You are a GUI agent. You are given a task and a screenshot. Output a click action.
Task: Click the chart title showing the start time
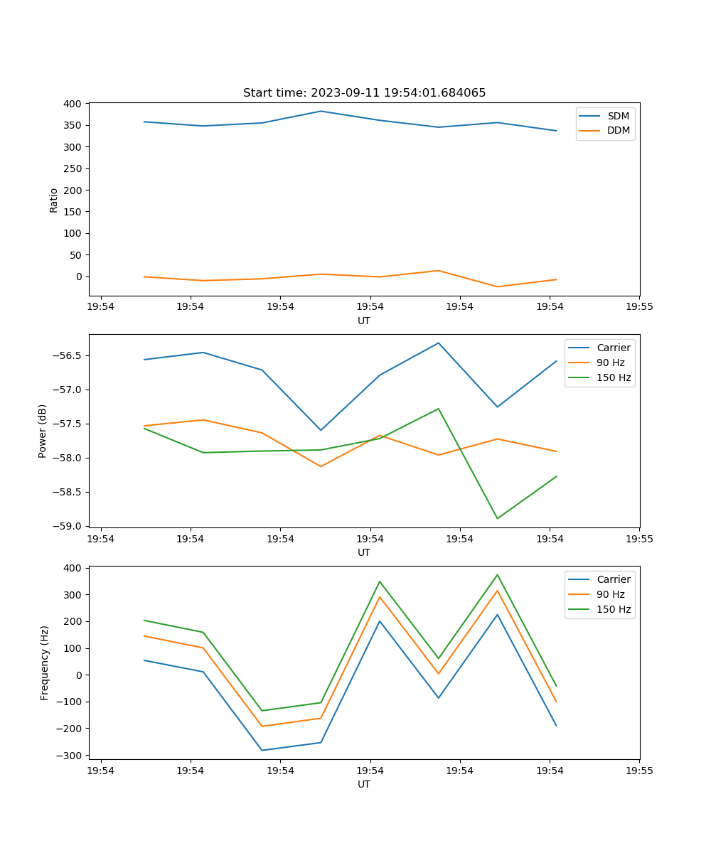(x=364, y=93)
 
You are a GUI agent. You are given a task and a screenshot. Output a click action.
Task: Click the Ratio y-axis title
(x=54, y=200)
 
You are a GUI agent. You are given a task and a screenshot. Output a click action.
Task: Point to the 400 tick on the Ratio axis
(x=73, y=104)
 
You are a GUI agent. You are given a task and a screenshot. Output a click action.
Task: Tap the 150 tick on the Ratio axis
(x=73, y=212)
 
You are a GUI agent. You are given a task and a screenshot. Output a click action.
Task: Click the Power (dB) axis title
(x=43, y=431)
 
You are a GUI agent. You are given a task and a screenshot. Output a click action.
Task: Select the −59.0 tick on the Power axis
(x=70, y=526)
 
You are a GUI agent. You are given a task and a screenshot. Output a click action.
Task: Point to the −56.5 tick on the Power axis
(x=70, y=355)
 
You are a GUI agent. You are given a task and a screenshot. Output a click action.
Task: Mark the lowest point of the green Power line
(x=497, y=518)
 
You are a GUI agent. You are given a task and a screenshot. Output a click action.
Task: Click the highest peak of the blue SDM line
(x=321, y=111)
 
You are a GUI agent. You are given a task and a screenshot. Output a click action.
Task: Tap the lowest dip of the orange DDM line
(x=497, y=286)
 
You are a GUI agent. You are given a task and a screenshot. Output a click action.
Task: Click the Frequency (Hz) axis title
(x=45, y=662)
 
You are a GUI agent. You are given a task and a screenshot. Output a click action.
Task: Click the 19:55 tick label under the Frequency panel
(x=639, y=771)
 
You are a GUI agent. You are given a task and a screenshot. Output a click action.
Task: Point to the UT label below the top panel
(x=364, y=321)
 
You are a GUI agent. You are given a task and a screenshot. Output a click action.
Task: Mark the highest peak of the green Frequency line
(x=497, y=574)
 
